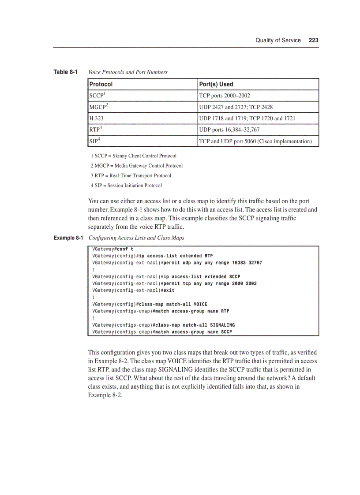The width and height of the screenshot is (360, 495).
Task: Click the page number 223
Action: (x=314, y=40)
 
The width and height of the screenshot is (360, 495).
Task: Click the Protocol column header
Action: (x=101, y=84)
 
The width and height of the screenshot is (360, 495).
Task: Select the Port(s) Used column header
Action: (x=216, y=84)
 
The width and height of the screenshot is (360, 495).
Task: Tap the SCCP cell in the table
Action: (x=97, y=95)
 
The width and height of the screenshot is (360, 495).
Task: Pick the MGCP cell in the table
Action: (x=98, y=107)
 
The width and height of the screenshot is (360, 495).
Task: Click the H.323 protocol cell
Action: (x=97, y=119)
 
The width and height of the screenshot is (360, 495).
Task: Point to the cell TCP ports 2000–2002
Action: (x=225, y=96)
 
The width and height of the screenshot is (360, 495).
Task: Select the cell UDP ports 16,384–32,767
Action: (x=229, y=130)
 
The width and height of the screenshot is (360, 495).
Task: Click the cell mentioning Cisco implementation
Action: (x=255, y=141)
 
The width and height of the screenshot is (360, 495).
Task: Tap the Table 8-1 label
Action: (x=65, y=72)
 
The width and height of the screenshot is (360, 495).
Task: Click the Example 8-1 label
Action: (x=68, y=238)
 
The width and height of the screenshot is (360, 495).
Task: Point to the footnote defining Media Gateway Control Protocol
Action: (x=136, y=166)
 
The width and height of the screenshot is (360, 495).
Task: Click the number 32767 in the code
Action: (x=255, y=263)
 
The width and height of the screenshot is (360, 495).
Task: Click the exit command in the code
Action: (x=169, y=290)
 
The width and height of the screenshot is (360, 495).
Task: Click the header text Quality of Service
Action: (x=278, y=40)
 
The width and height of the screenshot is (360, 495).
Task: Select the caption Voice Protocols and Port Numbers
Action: (x=128, y=72)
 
